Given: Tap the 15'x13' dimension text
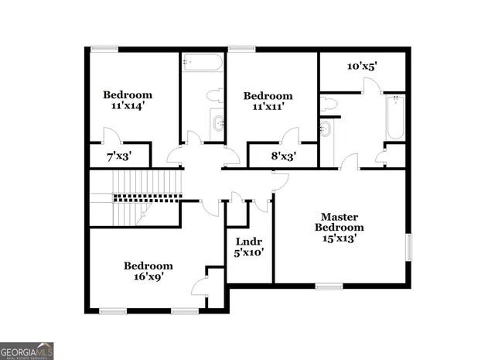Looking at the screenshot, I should pos(340,238).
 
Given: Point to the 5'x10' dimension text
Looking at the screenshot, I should pos(249,252).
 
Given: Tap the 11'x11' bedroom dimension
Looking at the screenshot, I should pos(268,107).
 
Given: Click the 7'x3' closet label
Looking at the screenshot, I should pos(118,156).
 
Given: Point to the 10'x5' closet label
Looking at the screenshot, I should pos(361,67).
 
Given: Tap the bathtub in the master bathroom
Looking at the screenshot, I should pos(395,117).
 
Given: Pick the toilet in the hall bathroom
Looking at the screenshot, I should pos(214,97).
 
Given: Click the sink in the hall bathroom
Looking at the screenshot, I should pos(217,122).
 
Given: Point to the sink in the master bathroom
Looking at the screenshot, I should pos(326,128).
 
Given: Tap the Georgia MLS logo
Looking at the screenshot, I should pos(27,351).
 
